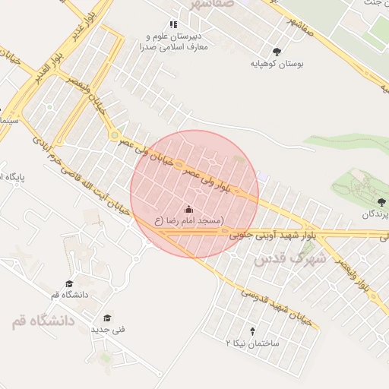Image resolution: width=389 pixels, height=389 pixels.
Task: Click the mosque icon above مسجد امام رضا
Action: [x=188, y=209]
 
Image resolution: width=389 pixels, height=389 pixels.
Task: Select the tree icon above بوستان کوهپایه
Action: [x=276, y=52]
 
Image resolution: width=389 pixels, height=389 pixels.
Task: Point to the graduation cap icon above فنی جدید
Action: [x=107, y=318]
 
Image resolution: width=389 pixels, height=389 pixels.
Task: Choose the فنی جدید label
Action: [x=108, y=330]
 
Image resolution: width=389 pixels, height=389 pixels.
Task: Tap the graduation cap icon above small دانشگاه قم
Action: [x=69, y=283]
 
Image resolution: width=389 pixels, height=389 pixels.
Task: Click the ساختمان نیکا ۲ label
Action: [x=253, y=344]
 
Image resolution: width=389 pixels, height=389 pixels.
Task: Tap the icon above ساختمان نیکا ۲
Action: [x=252, y=332]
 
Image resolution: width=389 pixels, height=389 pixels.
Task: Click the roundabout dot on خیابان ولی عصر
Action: [x=114, y=136]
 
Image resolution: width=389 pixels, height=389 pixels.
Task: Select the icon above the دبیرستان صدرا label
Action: [x=173, y=24]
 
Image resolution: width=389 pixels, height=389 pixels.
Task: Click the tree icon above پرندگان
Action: [x=380, y=201]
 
